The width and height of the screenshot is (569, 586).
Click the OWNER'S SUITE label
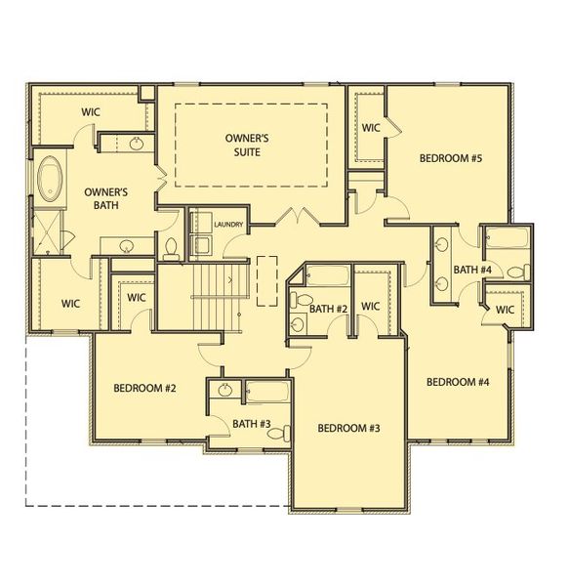point(251,144)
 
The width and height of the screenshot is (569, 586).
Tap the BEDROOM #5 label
point(451,157)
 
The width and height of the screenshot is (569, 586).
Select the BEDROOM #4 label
point(457,381)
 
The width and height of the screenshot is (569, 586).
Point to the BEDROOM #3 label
point(348,428)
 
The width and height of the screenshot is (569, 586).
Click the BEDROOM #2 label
point(144,388)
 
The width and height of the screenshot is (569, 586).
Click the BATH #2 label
point(329,309)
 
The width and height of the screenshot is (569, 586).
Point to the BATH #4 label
point(472,270)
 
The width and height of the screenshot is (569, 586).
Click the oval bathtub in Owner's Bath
point(50,180)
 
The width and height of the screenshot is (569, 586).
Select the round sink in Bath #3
point(225,391)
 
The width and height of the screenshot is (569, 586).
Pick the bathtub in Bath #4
point(506,239)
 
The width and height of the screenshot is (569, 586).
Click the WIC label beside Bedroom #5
point(371,127)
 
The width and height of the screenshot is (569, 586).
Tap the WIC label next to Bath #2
point(370,306)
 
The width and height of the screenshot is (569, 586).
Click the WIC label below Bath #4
point(505,310)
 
